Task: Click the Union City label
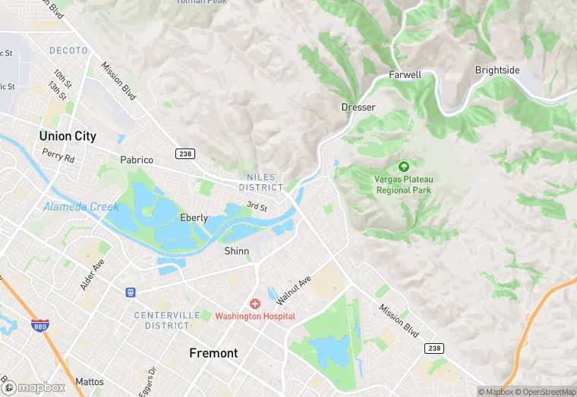click(x=68, y=136)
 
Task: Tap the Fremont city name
click(x=213, y=353)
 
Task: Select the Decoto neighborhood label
click(x=69, y=51)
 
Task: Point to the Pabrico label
click(x=137, y=160)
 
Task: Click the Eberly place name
click(x=194, y=217)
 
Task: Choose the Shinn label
click(x=236, y=251)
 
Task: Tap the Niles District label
click(x=260, y=182)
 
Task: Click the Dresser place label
click(x=358, y=108)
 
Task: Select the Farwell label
click(x=405, y=75)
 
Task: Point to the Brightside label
click(x=497, y=70)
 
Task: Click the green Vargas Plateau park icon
click(x=403, y=166)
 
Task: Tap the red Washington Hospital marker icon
click(x=255, y=303)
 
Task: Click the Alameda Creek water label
click(x=81, y=207)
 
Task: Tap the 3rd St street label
click(x=257, y=206)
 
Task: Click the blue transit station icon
click(x=131, y=292)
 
